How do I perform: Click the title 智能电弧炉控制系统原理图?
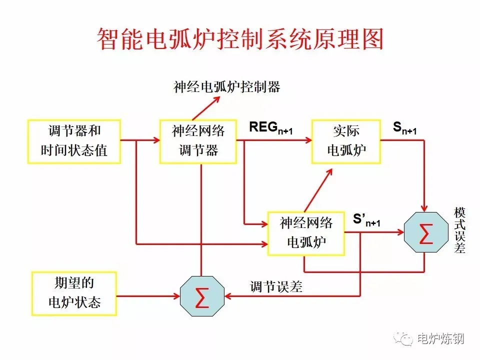(239, 39)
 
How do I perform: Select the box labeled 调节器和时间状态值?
(74, 141)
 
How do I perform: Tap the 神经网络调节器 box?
(198, 141)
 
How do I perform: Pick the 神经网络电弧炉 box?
(306, 233)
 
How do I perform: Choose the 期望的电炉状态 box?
(74, 293)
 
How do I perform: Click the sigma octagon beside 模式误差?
(425, 233)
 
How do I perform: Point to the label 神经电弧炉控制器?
(227, 87)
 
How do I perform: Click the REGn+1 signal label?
(270, 128)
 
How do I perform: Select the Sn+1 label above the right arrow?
(404, 128)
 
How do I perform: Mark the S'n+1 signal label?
(366, 220)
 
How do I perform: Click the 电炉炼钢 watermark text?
(440, 339)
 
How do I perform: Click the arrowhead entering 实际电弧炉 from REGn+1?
(306, 141)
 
